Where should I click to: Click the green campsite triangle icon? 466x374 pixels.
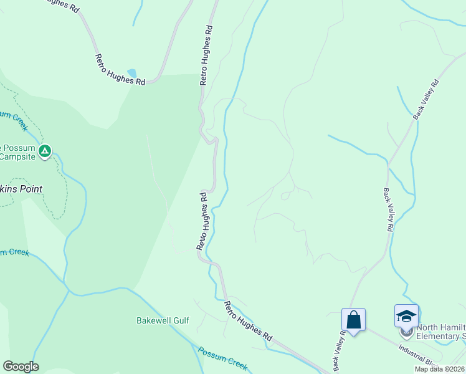45,151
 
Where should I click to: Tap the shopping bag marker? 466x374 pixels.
353,320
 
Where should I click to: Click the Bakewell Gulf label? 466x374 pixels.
163,320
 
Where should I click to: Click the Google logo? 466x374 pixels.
21,367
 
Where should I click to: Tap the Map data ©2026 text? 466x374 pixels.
440,369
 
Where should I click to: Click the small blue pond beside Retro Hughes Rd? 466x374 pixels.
131,73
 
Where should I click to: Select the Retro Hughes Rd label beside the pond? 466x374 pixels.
120,69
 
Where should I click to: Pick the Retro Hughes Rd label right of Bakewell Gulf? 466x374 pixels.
248,320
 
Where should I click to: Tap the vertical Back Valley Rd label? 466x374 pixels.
388,210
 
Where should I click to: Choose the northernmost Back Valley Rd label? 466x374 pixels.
426,99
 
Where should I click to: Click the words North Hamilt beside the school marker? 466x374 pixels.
440,328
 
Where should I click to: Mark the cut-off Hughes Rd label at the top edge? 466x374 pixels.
62,5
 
